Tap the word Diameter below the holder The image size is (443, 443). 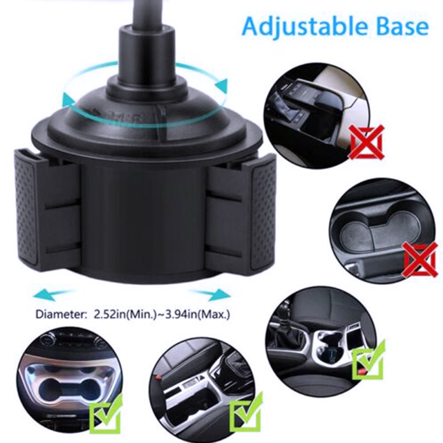pyautogui.click(x=57, y=315)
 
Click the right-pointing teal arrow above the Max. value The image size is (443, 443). pyautogui.click(x=210, y=293)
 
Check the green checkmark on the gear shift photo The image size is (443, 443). pyautogui.click(x=369, y=361)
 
